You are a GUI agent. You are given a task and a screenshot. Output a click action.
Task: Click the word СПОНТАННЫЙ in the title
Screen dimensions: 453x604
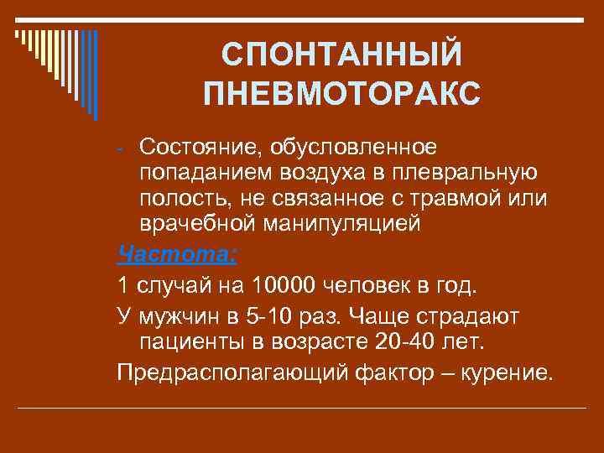[x=342, y=56]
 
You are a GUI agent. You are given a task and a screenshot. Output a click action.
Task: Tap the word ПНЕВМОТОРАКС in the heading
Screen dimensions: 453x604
[x=342, y=93]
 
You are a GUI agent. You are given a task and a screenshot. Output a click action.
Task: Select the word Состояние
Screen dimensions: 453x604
[x=197, y=147]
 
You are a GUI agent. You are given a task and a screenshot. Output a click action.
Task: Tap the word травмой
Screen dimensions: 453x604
[x=454, y=199]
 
